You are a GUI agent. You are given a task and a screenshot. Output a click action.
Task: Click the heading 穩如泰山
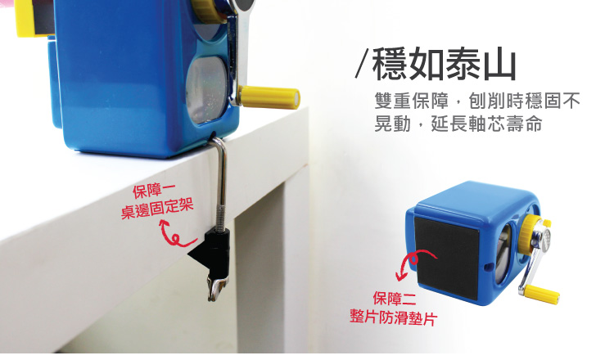pos(444,64)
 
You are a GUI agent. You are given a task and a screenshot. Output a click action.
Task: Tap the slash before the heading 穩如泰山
pos(362,63)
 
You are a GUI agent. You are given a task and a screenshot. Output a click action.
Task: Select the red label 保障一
pos(154,191)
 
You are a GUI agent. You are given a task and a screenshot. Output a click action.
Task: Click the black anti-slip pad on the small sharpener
pos(447,257)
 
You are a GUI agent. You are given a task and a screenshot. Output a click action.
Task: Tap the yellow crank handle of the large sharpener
pos(270,97)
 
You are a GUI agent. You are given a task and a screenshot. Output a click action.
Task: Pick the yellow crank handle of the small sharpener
pos(542,295)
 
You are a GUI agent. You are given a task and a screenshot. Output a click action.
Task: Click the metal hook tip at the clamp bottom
pos(217,290)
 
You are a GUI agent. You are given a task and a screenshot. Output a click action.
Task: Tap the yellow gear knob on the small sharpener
pos(529,235)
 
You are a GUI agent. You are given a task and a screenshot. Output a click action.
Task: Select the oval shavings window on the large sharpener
pos(205,90)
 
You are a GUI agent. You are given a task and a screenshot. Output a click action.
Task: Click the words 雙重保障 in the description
pos(412,101)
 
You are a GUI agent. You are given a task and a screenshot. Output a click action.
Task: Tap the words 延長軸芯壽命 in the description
pos(487,124)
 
